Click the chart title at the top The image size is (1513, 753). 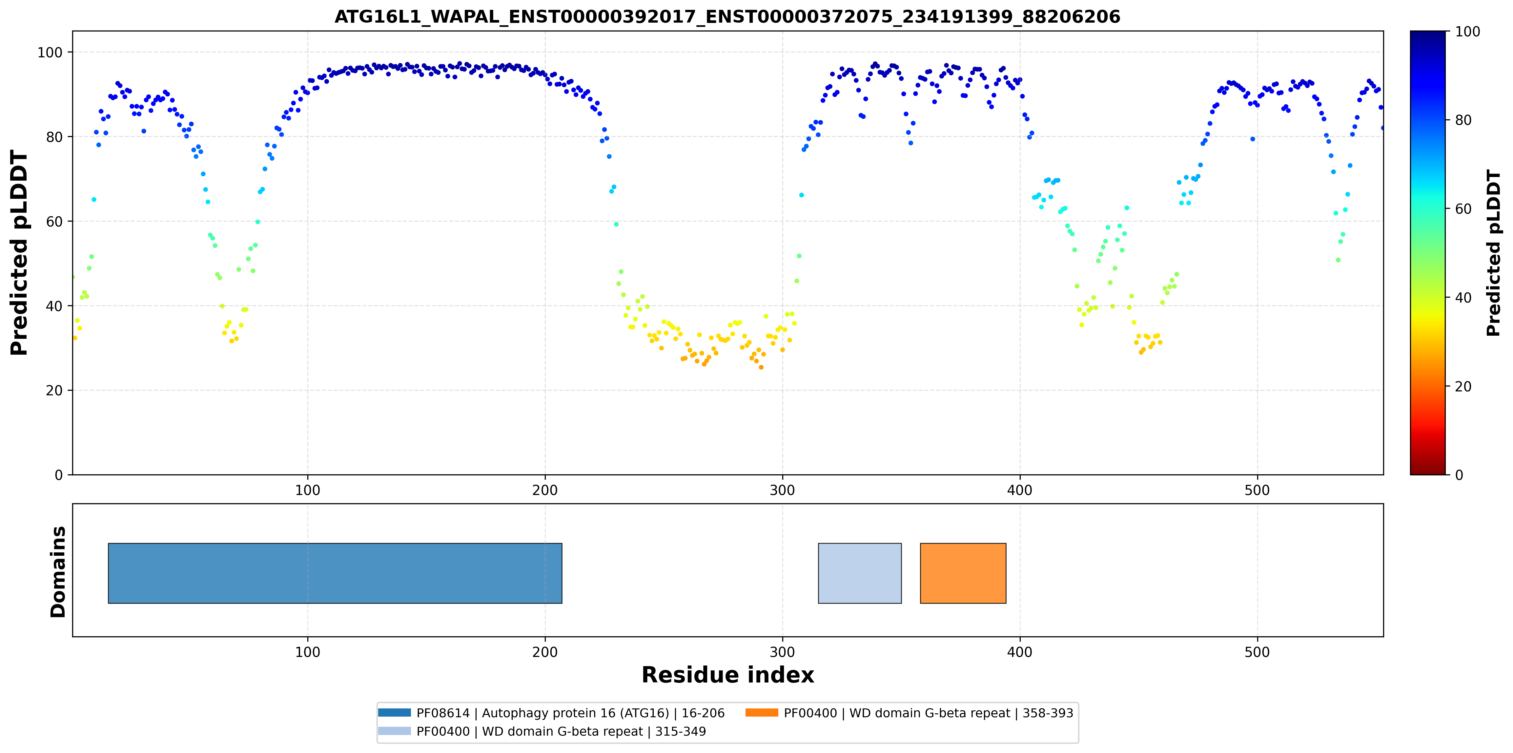coord(727,16)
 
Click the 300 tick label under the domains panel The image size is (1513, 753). coord(782,652)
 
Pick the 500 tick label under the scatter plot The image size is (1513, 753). coord(1257,490)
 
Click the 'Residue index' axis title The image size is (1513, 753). coord(728,675)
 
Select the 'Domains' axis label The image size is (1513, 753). coord(58,572)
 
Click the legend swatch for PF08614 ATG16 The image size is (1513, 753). coord(394,712)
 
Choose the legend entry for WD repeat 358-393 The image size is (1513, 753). coord(909,713)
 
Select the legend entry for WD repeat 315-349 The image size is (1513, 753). coord(542,731)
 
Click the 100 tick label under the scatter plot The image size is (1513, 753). coord(307,490)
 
